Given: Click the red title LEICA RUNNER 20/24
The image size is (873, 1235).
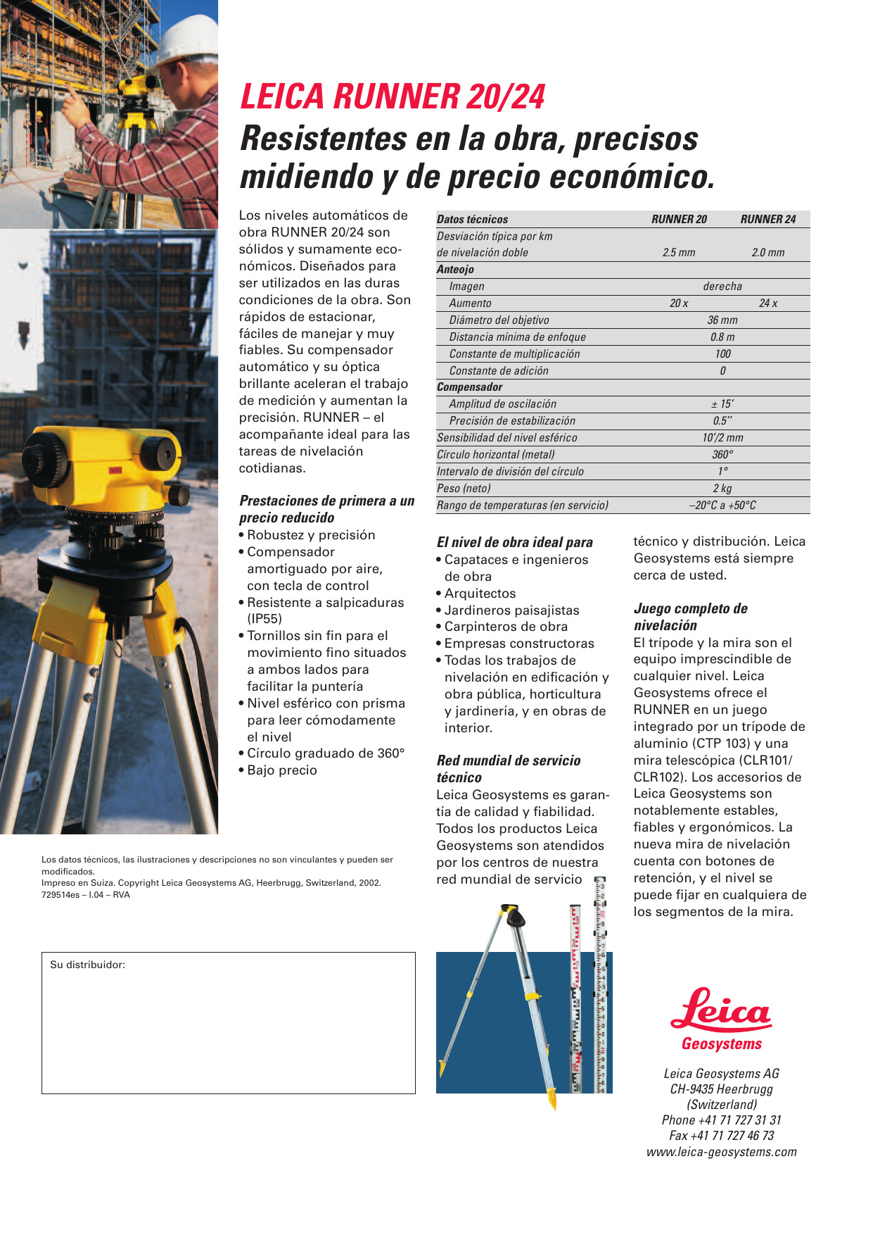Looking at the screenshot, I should pos(393,97).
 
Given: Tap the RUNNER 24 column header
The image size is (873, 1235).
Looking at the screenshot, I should pos(767,219).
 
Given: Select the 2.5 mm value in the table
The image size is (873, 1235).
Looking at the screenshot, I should pos(678,252).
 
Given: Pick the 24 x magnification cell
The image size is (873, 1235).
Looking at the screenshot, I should pos(767,303).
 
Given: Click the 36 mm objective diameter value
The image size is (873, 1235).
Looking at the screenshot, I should pos(722,320).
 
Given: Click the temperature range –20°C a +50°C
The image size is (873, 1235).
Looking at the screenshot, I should pos(722,505).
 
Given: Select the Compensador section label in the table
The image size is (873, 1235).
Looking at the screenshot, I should pos(469,387).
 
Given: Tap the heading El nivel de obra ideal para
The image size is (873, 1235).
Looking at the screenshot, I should pos(514,542).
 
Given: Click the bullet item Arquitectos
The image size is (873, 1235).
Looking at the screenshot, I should pos(480,594).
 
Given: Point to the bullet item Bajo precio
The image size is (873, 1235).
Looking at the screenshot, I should pos(281,770).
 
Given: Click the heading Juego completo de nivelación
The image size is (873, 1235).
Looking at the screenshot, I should pos(690,617).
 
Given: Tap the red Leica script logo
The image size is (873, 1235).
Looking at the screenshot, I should pos(720,1010).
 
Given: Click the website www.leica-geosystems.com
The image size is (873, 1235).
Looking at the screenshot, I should pos(721,1152).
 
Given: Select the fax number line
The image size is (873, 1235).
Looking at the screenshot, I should pos(721,1135).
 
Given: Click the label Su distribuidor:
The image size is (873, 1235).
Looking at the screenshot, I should pos(87,965).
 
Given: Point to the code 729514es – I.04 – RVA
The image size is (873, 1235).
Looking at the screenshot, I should pos(86,895).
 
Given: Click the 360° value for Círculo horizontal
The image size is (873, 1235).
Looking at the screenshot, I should pos(722,454).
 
